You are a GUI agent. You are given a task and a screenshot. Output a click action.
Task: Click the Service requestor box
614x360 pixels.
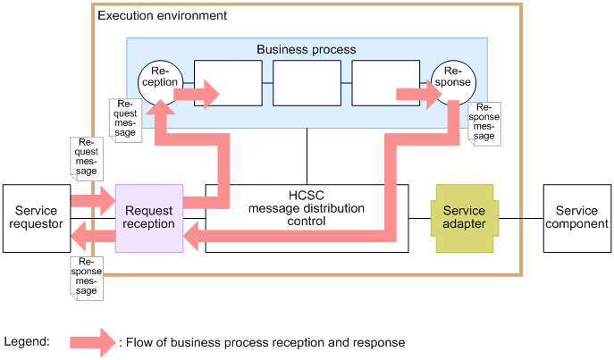[37, 217]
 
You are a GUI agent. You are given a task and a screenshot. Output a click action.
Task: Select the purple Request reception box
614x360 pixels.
[149, 217]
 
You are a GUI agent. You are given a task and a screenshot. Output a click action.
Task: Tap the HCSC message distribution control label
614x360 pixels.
[307, 208]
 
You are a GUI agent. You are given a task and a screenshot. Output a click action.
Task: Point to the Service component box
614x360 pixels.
[577, 217]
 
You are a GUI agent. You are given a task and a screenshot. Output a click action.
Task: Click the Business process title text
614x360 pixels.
[306, 49]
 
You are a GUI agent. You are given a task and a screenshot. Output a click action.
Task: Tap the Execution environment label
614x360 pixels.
[162, 16]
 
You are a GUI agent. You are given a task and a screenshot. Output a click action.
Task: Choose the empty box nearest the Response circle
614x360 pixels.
[385, 84]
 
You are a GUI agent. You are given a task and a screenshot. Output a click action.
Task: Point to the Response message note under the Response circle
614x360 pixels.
[484, 123]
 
